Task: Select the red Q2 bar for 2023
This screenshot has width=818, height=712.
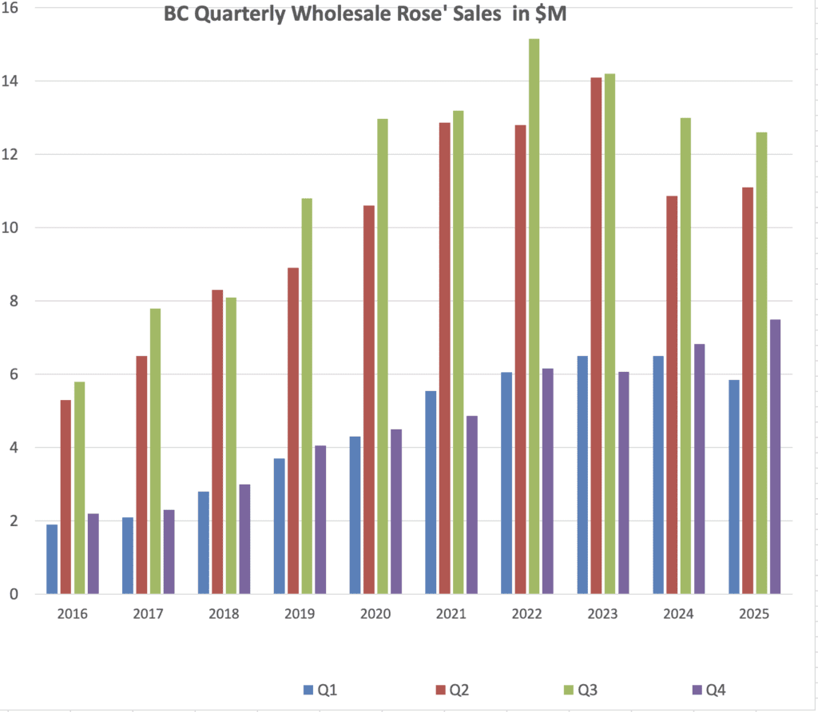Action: tap(595, 335)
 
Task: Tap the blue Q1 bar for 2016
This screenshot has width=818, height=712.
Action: tap(52, 559)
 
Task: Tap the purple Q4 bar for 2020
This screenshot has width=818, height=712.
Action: tap(396, 512)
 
